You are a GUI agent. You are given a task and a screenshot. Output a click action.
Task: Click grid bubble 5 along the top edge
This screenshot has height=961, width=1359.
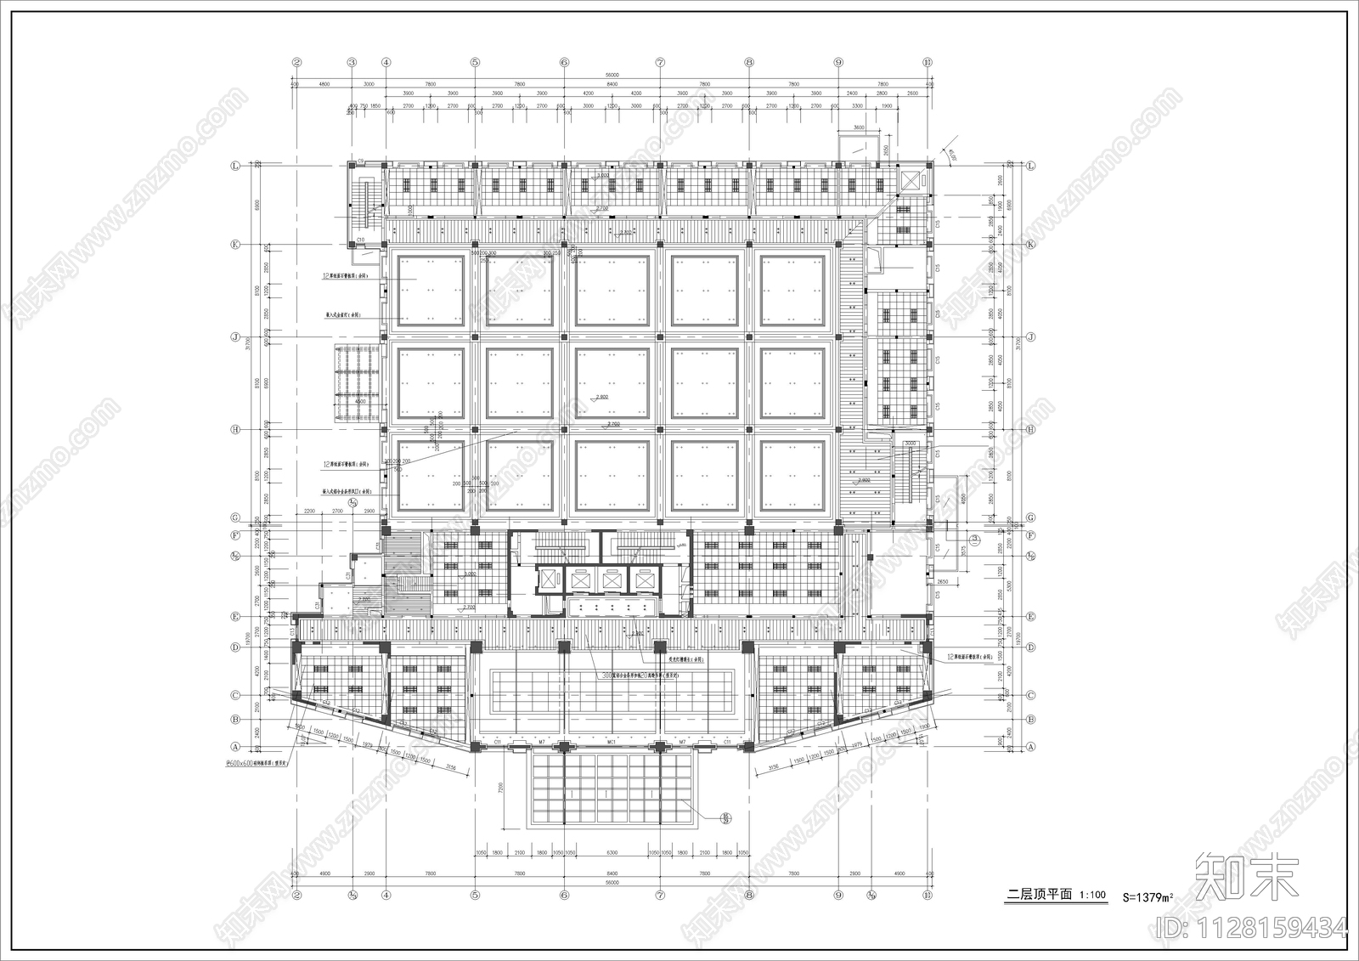point(475,62)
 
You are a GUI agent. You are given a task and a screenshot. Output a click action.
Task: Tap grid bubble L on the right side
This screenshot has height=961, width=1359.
point(1031,167)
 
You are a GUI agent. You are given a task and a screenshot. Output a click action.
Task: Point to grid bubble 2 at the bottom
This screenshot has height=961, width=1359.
point(297,895)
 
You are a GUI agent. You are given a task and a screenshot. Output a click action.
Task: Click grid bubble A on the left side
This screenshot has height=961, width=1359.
point(235,747)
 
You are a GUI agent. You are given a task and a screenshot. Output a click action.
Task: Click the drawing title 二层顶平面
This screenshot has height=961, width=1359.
point(1039,895)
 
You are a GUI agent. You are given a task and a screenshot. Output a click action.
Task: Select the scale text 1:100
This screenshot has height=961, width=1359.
point(1092,895)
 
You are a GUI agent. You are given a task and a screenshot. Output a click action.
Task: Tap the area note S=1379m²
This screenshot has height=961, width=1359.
point(1148,896)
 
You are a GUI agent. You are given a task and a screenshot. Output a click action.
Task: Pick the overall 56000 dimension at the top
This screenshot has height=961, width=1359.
point(612,75)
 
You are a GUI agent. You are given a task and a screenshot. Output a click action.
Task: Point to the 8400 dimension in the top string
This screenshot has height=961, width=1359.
point(612,85)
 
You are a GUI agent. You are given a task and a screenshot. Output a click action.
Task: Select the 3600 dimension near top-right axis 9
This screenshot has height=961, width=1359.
point(859,127)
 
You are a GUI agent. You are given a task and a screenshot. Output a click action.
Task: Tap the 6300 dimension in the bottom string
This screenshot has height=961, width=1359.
point(612,852)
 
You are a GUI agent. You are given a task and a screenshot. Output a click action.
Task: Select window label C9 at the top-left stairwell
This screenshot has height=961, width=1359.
point(360,160)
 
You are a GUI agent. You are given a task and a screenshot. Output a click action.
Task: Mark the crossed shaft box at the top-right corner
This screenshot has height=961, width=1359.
point(911,180)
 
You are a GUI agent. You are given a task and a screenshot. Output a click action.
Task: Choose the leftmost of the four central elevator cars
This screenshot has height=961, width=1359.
point(550,580)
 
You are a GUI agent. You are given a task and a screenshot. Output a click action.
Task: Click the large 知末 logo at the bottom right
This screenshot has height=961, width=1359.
point(1248,875)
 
